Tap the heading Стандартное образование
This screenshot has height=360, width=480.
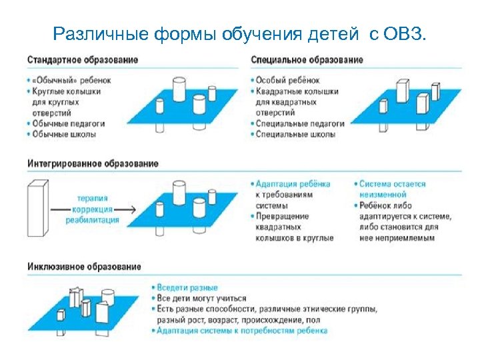coord(83,59)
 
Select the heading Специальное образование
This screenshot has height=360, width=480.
coord(307,59)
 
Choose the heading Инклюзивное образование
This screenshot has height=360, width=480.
coord(84,267)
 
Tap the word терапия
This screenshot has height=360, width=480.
coord(91,198)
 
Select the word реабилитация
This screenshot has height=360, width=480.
coord(92,220)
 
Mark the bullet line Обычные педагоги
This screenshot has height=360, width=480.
coord(67,123)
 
